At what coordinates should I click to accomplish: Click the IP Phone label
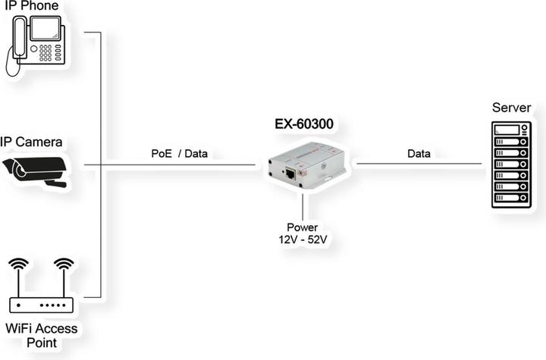pos(33,7)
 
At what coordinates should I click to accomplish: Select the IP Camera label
pos(31,142)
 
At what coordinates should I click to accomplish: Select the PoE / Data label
pos(179,153)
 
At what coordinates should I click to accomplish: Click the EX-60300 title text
pos(303,124)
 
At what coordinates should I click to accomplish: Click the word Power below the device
pos(303,227)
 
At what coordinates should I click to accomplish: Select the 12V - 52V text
pos(303,240)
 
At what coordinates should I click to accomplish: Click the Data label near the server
pos(419,153)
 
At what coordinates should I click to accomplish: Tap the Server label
pos(510,108)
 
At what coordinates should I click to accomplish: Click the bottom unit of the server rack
pos(510,198)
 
